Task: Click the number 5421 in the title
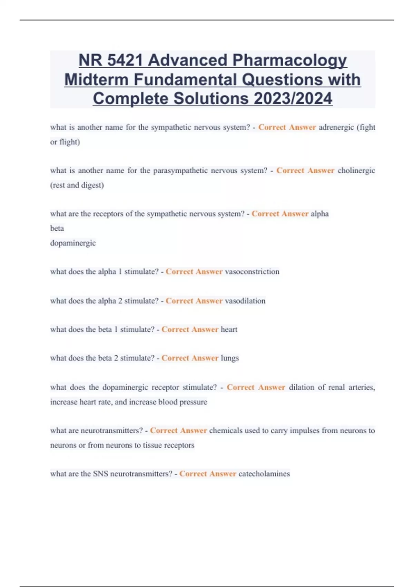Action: tap(125, 60)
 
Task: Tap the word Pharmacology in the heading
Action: tap(289, 60)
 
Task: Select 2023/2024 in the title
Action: tap(293, 98)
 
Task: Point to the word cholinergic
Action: tap(356, 171)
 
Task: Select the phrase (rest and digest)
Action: tap(77, 185)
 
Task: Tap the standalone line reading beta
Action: tap(57, 228)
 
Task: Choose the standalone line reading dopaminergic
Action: tap(73, 243)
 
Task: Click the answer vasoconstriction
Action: tap(252, 272)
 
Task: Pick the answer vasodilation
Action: tap(245, 301)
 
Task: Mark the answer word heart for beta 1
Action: tap(229, 329)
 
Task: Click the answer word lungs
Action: tap(229, 358)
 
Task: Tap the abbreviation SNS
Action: tap(100, 474)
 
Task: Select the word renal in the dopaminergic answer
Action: tap(336, 387)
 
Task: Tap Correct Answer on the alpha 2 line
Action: tap(194, 301)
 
